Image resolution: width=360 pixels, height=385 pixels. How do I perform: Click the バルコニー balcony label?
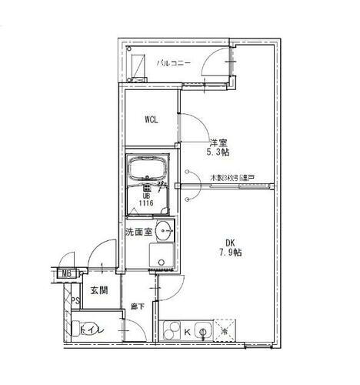(x=174, y=63)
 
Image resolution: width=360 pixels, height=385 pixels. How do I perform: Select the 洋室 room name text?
(x=218, y=142)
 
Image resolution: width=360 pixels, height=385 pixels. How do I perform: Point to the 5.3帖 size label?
(x=218, y=152)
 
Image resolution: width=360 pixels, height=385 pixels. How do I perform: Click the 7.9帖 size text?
(x=229, y=252)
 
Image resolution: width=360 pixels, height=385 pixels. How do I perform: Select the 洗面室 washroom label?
(x=138, y=231)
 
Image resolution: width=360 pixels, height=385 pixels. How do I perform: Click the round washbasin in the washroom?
(x=165, y=229)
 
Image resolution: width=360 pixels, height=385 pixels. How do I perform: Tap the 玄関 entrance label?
(x=98, y=290)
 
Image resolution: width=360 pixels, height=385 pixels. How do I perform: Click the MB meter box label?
(x=68, y=273)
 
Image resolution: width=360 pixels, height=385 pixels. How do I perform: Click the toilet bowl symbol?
(x=82, y=330)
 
